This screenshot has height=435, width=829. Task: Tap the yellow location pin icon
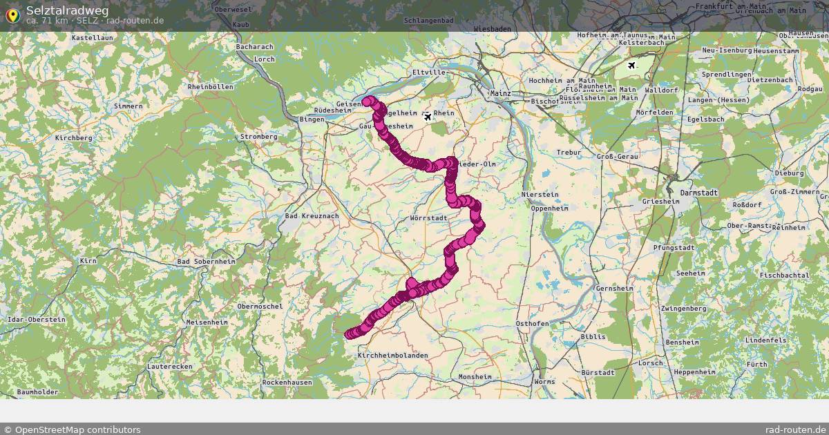coord(12,14)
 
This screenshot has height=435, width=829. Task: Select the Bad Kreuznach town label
coord(312,216)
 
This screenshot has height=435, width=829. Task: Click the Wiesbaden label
coord(493,29)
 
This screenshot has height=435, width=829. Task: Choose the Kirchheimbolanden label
coord(393,356)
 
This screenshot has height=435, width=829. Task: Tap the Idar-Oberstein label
coord(36,320)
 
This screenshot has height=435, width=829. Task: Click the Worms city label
coord(544,381)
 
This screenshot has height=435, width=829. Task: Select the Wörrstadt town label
coord(428,218)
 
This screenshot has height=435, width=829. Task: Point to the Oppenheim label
coord(549,208)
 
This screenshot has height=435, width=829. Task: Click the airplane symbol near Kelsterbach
coord(632,65)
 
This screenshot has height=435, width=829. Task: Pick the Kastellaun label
coord(93,37)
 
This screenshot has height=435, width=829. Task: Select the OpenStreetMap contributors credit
coord(71,429)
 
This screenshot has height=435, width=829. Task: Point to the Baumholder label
coord(37,392)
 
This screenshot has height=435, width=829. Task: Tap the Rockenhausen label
coord(285,382)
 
